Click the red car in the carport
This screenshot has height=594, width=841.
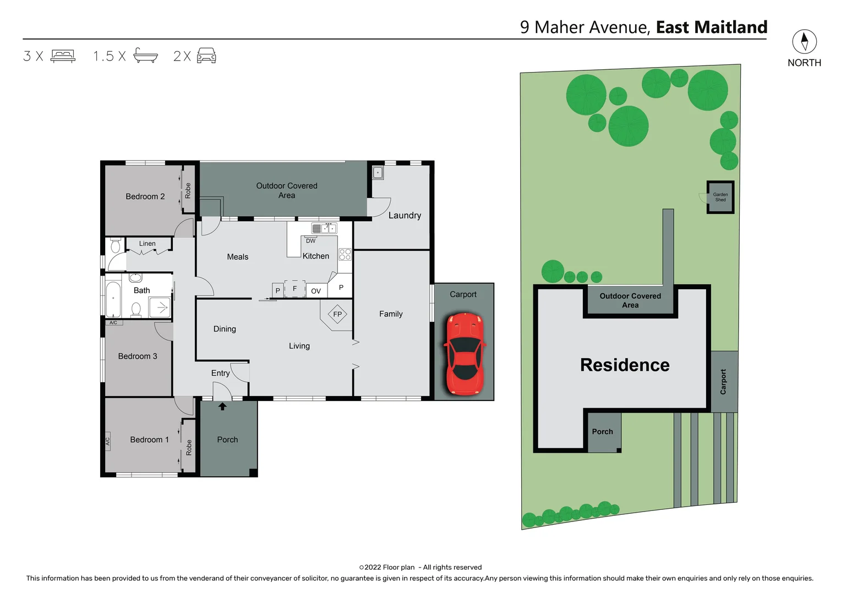point(465,354)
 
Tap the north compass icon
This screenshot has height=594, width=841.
point(804,42)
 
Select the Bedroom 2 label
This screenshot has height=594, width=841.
point(145,196)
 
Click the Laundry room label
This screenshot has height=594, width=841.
point(405,216)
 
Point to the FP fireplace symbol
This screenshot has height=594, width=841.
point(337,314)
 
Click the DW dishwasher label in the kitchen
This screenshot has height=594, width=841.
point(311,241)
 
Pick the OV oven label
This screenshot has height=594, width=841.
point(316,291)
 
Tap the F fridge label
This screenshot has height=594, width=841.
point(295,288)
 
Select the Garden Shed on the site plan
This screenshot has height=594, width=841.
point(720,197)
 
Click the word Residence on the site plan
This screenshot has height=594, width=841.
point(625,365)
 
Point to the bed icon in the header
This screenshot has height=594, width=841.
point(63,56)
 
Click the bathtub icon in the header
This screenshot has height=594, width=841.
point(145,56)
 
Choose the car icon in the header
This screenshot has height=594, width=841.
point(206,56)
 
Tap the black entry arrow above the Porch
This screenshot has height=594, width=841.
point(222,406)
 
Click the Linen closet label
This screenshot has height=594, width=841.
point(147,244)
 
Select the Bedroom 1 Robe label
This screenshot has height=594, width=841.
point(189,447)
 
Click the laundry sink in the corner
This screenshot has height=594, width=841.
point(378,173)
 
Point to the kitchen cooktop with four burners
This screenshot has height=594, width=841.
point(345,254)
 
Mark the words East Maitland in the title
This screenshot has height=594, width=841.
point(711,28)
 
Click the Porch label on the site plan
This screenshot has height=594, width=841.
point(602,432)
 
